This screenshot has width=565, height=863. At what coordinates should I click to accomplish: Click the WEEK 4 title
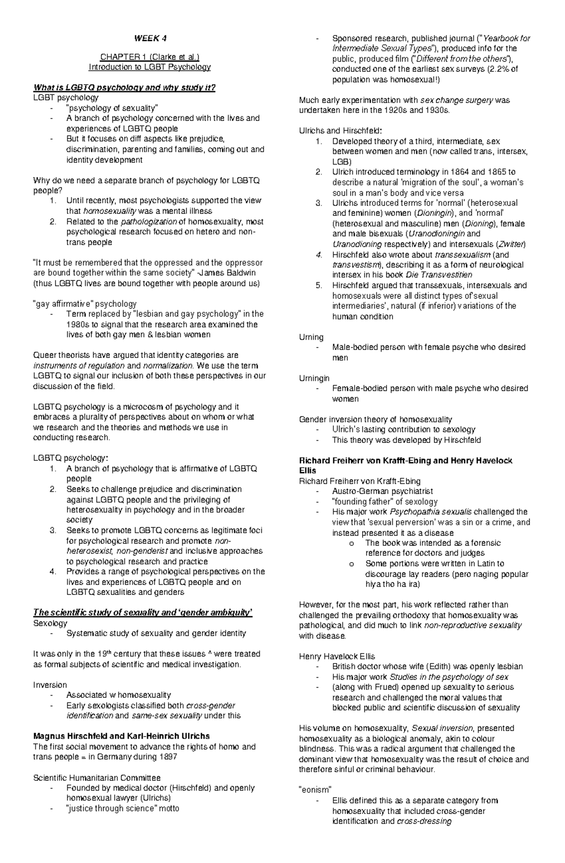tap(150, 39)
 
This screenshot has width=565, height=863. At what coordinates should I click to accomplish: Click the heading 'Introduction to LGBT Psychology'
tap(150, 67)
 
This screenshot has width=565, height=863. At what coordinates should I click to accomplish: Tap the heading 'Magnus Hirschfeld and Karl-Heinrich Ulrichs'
tap(121, 736)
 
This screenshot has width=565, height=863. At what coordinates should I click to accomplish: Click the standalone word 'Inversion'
tap(50, 685)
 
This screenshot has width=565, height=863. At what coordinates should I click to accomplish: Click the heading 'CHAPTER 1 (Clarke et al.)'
tap(150, 57)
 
